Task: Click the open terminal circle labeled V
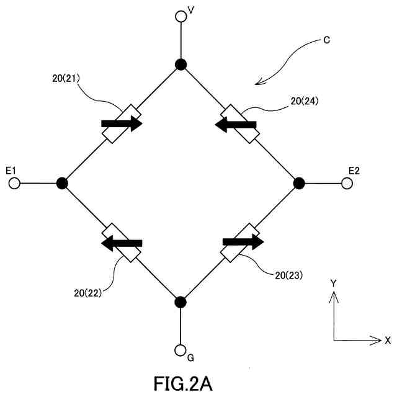[181, 17]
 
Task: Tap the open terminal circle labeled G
[181, 350]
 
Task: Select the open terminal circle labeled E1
[15, 183]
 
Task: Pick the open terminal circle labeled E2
[347, 183]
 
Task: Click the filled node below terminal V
[181, 64]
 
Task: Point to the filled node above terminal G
[181, 302]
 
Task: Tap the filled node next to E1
[62, 183]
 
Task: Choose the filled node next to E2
[299, 183]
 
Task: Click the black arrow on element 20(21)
[122, 123]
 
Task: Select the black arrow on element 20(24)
[236, 124]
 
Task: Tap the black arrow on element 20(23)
[243, 241]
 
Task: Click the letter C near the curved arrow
[326, 40]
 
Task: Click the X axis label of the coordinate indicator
[388, 340]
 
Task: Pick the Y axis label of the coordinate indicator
[333, 283]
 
